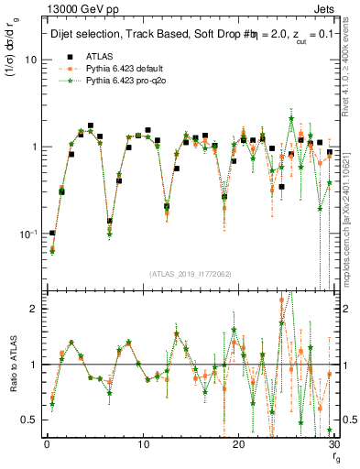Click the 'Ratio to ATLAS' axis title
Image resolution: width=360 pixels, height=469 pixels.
tap(12, 364)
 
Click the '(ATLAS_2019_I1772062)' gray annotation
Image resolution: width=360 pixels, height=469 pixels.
tap(191, 274)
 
